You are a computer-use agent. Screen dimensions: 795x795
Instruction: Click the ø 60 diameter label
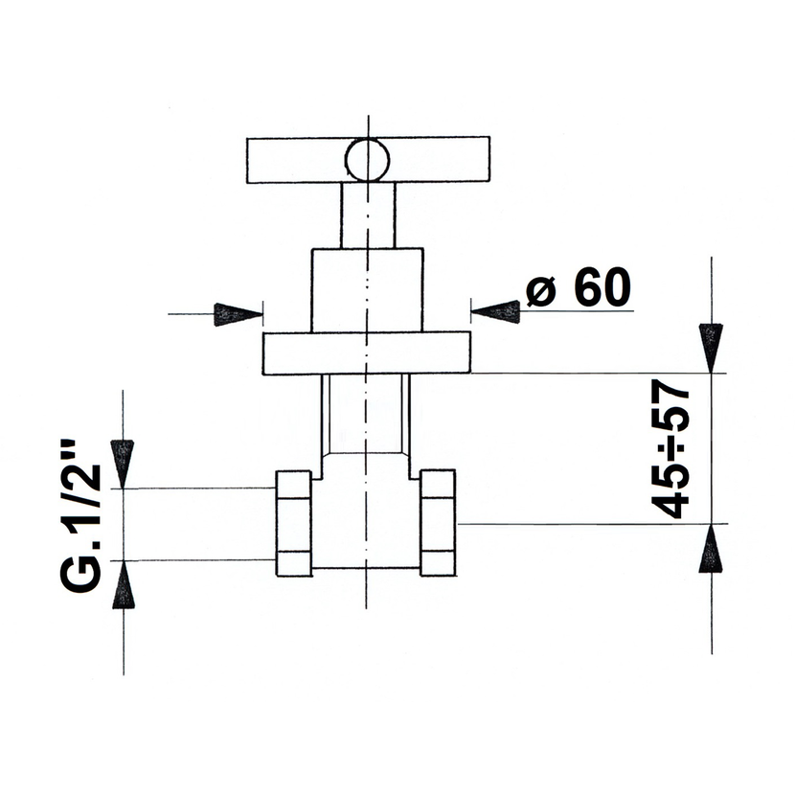[579, 287]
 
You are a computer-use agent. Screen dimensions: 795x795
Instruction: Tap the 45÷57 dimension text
[670, 449]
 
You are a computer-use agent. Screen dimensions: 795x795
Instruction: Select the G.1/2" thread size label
[81, 515]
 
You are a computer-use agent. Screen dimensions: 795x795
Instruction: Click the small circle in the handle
[367, 160]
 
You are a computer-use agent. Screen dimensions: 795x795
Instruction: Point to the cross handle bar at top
[368, 160]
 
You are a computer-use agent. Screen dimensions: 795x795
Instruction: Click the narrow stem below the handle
[368, 216]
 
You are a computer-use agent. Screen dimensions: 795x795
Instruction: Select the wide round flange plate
[367, 353]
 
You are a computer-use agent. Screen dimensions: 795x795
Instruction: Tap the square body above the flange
[367, 290]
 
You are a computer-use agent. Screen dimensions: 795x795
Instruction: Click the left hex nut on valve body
[293, 523]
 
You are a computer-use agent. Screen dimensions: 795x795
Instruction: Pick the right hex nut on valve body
[438, 523]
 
